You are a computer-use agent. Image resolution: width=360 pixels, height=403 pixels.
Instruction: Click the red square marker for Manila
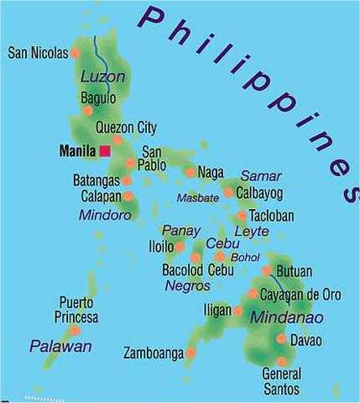click(105, 151)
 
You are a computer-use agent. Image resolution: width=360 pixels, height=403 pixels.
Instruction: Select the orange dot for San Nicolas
click(76, 53)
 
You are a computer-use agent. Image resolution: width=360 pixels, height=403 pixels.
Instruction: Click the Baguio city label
click(97, 99)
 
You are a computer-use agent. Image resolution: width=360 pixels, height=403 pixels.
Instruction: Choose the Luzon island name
click(102, 77)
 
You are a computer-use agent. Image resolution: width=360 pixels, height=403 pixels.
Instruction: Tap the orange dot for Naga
click(190, 172)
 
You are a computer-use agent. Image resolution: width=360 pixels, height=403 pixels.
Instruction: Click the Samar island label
click(261, 175)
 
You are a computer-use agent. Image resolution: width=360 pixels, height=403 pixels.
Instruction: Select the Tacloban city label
click(271, 216)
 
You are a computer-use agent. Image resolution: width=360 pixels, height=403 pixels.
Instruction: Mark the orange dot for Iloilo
click(180, 247)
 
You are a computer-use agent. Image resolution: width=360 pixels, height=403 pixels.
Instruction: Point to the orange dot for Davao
click(280, 339)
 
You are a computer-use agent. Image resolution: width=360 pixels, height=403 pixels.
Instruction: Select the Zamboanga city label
click(153, 353)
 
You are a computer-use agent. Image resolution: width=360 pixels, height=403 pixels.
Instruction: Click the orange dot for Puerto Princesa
click(75, 330)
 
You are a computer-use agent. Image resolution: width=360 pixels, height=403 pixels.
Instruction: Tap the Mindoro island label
click(105, 215)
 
